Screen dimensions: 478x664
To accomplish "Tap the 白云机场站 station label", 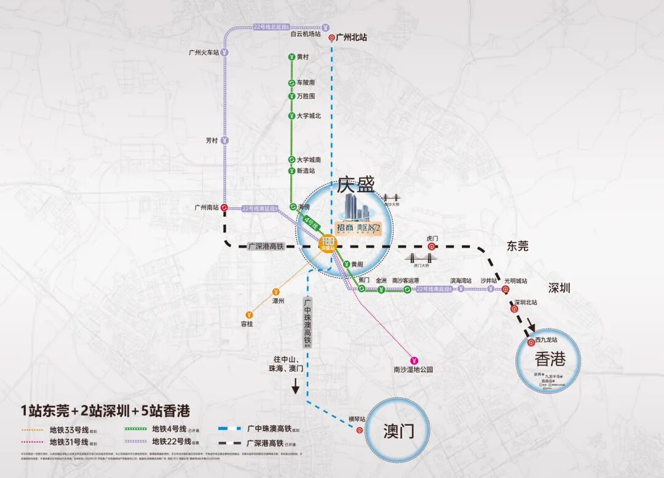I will pyautogui.click(x=306, y=34).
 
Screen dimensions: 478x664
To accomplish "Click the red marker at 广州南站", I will pyautogui.click(x=224, y=208).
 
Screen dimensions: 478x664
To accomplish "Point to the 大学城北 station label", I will pyautogui.click(x=309, y=116).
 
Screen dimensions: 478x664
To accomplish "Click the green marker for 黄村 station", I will pyautogui.click(x=291, y=57).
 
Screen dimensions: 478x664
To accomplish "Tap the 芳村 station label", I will pyautogui.click(x=211, y=140).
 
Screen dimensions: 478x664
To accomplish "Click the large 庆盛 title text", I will pyautogui.click(x=355, y=184).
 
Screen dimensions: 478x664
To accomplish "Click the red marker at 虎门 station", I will pyautogui.click(x=432, y=246).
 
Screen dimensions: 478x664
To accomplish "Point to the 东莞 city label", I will pyautogui.click(x=517, y=246).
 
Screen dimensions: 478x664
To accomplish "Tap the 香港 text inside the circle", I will pyautogui.click(x=549, y=358).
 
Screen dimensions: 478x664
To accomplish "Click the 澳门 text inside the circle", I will pyautogui.click(x=398, y=430).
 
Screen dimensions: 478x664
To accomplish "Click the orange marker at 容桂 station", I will pyautogui.click(x=248, y=314).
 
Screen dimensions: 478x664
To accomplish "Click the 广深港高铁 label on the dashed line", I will pyautogui.click(x=266, y=246).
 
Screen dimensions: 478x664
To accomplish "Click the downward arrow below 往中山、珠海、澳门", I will pyautogui.click(x=295, y=386).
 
